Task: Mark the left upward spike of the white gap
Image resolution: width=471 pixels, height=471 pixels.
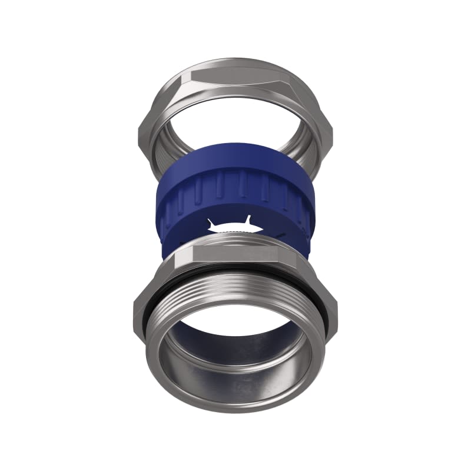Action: [x=211, y=221]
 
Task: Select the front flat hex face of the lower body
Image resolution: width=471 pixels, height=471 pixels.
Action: [x=235, y=254]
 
